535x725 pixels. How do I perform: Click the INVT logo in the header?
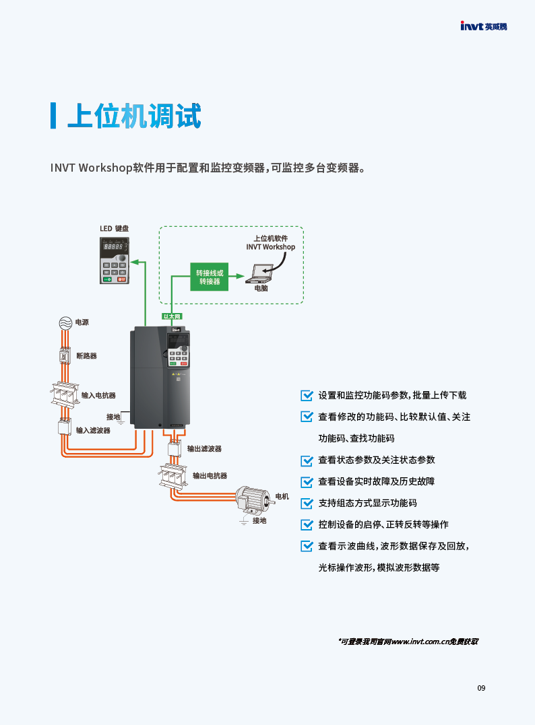pos(483,27)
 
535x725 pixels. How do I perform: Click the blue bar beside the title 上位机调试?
pos(53,116)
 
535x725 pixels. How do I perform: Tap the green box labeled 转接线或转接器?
pos(209,277)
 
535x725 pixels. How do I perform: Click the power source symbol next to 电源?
pos(65,322)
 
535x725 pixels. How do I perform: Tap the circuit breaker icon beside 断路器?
pos(65,355)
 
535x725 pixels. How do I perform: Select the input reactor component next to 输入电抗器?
pos(65,394)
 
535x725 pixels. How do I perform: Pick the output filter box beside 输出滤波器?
pos(174,449)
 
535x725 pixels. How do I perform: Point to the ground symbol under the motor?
pos(245,521)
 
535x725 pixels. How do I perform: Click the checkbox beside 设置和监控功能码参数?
pos(307,395)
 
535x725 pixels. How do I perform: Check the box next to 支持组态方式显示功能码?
pos(307,503)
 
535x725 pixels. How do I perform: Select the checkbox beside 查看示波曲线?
pos(307,546)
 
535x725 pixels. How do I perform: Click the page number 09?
pos(481,688)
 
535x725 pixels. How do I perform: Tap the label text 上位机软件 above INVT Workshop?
pos(270,238)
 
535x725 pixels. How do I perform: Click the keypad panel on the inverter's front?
pos(179,349)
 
